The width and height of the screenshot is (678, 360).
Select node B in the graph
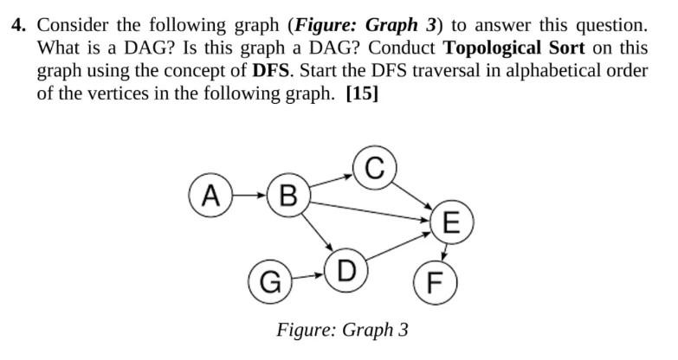[x=289, y=194]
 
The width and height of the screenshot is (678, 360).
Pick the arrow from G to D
[x=307, y=278]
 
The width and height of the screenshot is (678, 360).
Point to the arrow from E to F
[x=444, y=251]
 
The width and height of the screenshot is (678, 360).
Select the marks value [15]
[x=362, y=93]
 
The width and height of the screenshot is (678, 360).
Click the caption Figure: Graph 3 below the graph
[x=342, y=330]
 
